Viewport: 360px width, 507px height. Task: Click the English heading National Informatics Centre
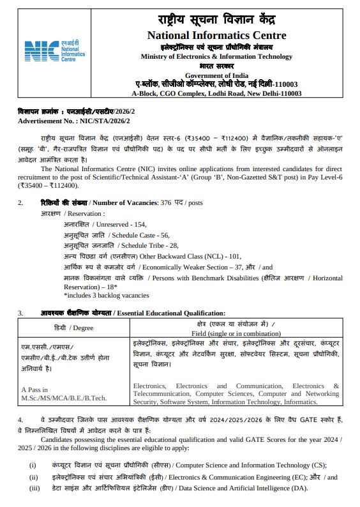tap(216, 35)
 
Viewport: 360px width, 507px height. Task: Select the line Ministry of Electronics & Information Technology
tap(216, 57)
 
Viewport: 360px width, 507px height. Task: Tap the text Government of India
tap(216, 75)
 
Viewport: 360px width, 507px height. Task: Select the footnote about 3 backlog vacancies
tap(106, 296)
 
